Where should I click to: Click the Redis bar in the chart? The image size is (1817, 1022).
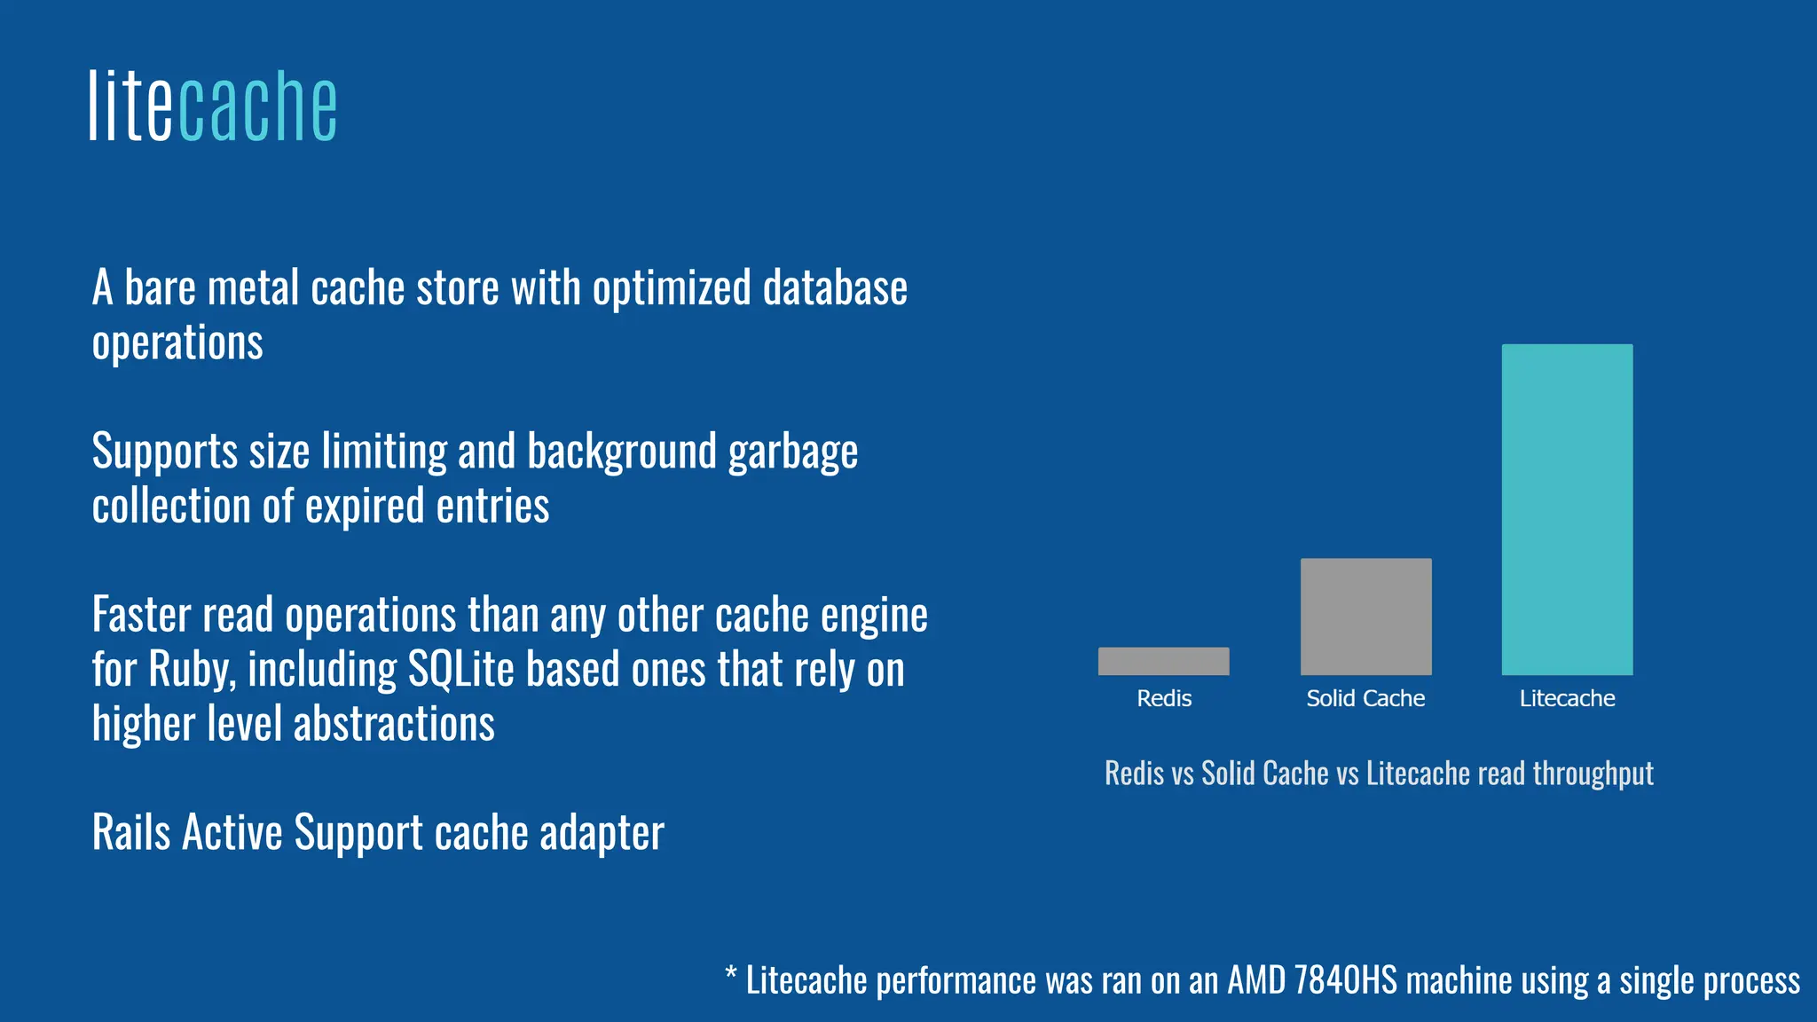(x=1163, y=661)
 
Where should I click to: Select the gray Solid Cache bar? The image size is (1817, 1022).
(x=1365, y=617)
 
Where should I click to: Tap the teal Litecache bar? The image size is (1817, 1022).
(x=1567, y=509)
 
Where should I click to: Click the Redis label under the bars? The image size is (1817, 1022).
(x=1164, y=699)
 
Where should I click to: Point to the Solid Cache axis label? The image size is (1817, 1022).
(x=1365, y=699)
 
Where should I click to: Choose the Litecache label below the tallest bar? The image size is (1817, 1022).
(x=1567, y=699)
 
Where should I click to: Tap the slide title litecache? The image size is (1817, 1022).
(x=213, y=106)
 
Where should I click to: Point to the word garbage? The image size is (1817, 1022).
(x=793, y=452)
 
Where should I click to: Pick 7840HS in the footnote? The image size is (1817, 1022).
(x=1345, y=980)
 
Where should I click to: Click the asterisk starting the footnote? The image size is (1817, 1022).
(x=731, y=976)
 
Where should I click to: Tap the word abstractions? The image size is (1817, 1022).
(x=394, y=724)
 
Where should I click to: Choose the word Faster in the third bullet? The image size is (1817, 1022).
(x=141, y=615)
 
